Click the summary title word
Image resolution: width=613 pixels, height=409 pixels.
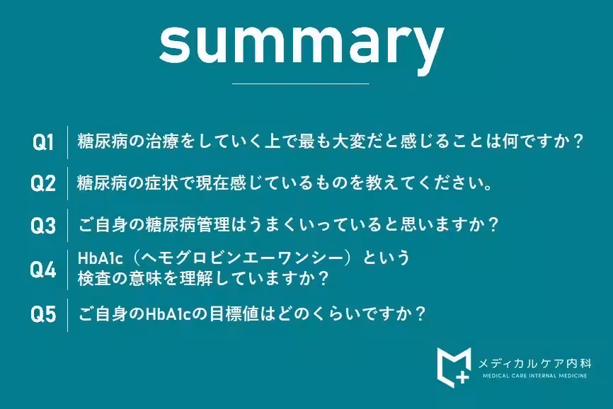coord(301,43)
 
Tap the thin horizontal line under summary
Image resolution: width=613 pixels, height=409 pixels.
coord(301,84)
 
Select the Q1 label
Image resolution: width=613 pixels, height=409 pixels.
coord(43,142)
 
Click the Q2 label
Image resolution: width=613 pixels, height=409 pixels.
coord(43,184)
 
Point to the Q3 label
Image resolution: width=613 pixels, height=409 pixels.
coord(43,226)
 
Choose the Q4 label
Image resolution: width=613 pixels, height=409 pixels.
coord(43,269)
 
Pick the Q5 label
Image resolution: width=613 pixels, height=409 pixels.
coord(43,314)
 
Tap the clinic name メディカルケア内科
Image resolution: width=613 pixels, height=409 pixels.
coord(534,363)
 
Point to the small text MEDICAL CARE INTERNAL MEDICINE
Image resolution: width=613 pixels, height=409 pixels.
coord(534,376)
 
